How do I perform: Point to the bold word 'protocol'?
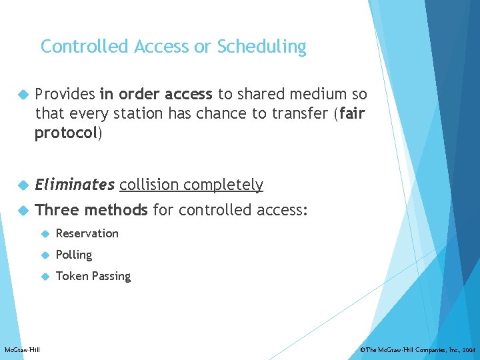click(x=67, y=133)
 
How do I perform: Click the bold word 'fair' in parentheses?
click(x=352, y=114)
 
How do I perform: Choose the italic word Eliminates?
click(x=75, y=185)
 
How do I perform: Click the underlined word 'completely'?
click(x=225, y=185)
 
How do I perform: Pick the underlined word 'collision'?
click(x=151, y=185)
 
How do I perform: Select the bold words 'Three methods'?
click(x=91, y=211)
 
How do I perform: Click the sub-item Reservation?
click(x=87, y=233)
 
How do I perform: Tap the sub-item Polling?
click(x=74, y=255)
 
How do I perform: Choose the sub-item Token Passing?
click(x=93, y=276)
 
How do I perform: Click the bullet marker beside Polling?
click(x=45, y=255)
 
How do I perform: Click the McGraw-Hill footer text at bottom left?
click(x=22, y=350)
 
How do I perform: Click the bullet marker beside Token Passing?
click(x=45, y=276)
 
